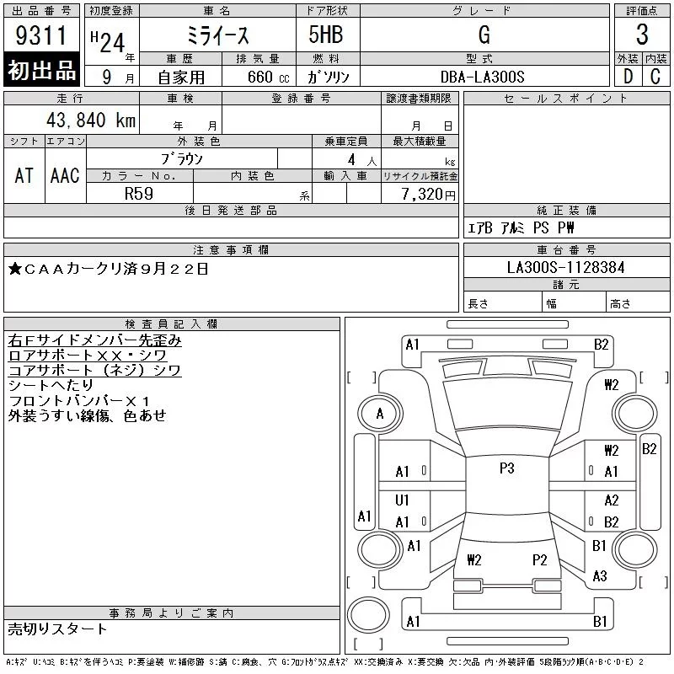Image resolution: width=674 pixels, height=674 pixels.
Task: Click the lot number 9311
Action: [40, 35]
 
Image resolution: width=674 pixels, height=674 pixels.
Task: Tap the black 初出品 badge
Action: [41, 70]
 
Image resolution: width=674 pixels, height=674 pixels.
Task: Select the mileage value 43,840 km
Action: [91, 120]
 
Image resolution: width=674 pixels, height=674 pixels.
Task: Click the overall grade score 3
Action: [642, 35]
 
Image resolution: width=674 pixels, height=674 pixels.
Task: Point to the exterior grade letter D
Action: [628, 77]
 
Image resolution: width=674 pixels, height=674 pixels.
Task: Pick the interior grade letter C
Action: [655, 77]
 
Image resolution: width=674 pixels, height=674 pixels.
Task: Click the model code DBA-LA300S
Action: [482, 77]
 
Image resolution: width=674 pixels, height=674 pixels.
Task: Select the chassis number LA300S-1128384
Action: [565, 267]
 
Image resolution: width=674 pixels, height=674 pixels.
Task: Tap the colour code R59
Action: [139, 194]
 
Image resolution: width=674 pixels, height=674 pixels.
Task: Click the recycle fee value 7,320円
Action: [428, 195]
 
